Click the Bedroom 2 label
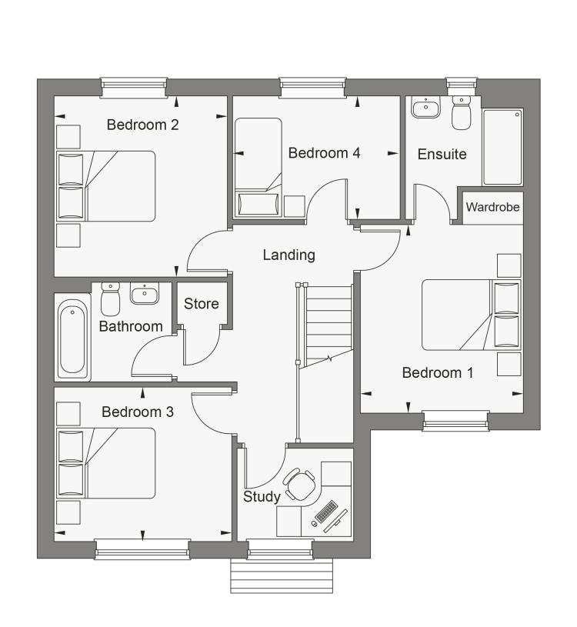(x=142, y=125)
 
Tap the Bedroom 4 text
(x=324, y=153)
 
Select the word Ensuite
(x=442, y=154)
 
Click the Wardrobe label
(x=492, y=208)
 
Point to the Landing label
(x=288, y=255)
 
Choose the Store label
(x=201, y=304)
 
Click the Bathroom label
(x=131, y=326)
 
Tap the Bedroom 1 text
(x=438, y=373)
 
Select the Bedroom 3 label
(x=138, y=412)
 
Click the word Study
(x=262, y=497)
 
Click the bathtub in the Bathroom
(x=72, y=338)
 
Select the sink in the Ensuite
(x=424, y=108)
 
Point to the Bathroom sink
(x=144, y=293)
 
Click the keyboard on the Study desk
(x=325, y=512)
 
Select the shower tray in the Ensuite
(x=502, y=147)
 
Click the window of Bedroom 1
(x=455, y=419)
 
